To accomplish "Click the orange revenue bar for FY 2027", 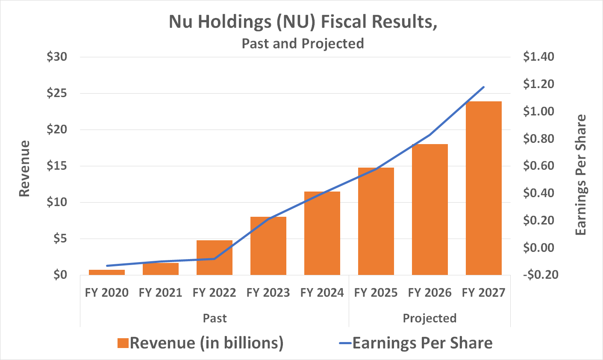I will (x=483, y=188).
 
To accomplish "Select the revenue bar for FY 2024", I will (x=322, y=233).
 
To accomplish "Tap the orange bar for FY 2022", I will (x=214, y=257).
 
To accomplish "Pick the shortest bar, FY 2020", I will (x=107, y=272).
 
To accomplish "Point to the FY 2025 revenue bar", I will (x=376, y=221).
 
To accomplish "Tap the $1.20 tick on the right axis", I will (x=538, y=84).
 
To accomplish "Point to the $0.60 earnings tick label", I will (x=538, y=166).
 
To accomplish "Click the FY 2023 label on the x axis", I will (x=268, y=293).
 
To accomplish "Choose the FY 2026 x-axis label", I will (x=429, y=293).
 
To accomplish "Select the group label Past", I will (x=215, y=319).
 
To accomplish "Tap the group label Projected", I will (x=429, y=319).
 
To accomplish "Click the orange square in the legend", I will (x=123, y=343).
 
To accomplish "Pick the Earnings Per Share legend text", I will (x=422, y=343).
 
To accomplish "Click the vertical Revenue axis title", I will (x=25, y=168).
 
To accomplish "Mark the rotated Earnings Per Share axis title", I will (x=580, y=175).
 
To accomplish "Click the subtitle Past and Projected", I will (x=303, y=44).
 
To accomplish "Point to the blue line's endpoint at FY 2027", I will (x=483, y=87).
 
